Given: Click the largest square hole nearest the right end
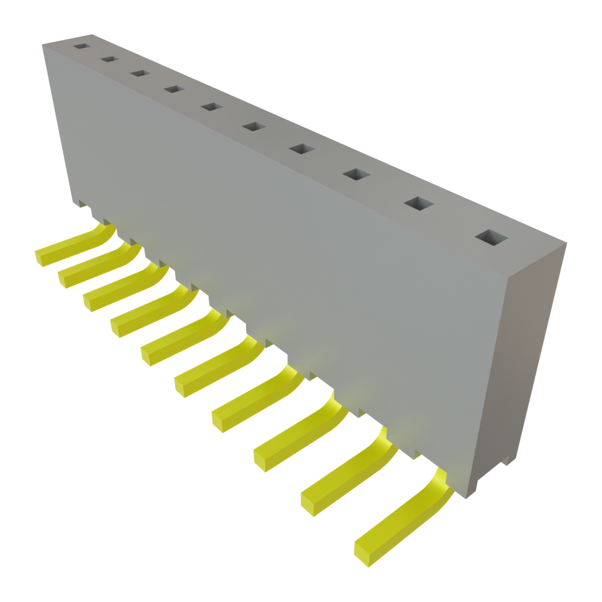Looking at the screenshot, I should coord(491,237).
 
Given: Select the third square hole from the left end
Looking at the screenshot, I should coord(139,73).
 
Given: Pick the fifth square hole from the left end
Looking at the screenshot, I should coord(211,106).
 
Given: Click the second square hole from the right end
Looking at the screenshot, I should coord(418,203).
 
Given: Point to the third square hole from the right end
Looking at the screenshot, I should coord(356,174).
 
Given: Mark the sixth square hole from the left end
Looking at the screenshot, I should coord(253,126).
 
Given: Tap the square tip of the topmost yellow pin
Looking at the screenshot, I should coord(44,256).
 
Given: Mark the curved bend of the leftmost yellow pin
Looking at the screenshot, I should coord(103,233).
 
